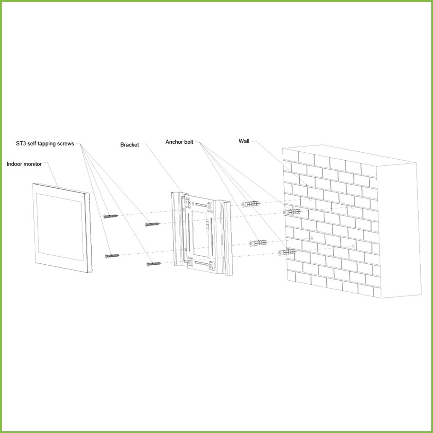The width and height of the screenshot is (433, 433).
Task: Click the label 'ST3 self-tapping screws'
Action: [45, 144]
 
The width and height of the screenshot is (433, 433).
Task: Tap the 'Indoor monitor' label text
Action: [24, 164]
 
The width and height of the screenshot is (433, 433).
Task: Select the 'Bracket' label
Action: [129, 145]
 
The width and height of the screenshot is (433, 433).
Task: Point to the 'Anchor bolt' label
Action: [179, 142]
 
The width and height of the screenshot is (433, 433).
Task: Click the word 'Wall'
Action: [244, 141]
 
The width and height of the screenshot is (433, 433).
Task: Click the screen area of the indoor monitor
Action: [60, 227]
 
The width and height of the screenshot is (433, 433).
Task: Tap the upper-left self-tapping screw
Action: [111, 216]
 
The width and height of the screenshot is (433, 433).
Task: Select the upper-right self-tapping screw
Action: [152, 225]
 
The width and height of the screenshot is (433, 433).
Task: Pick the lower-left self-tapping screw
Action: [112, 256]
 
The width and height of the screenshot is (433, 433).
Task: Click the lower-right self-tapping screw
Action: [153, 264]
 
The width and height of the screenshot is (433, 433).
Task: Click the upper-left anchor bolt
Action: [250, 204]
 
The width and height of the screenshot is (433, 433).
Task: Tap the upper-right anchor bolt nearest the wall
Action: [292, 212]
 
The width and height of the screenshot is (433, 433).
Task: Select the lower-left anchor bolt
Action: [258, 243]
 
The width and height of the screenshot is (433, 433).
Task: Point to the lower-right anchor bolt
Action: [287, 252]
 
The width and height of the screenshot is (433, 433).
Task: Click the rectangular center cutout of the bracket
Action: [200, 233]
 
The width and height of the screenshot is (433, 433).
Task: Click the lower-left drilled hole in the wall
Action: [312, 238]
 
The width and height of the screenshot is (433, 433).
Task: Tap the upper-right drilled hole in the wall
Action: [351, 206]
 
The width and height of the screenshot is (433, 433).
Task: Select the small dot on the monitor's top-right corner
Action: [83, 197]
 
